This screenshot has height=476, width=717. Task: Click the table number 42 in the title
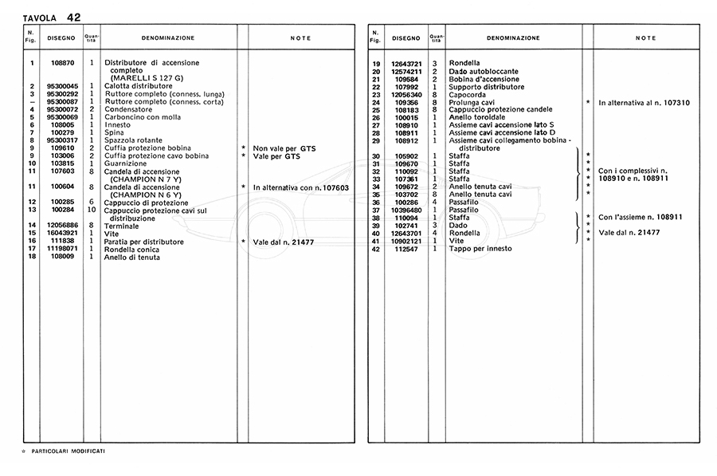coord(73,16)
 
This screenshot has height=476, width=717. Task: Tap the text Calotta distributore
coord(139,86)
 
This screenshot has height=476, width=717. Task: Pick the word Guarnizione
coord(127,163)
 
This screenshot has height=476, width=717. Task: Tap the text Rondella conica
coord(132,249)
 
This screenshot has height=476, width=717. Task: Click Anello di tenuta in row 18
coord(131,257)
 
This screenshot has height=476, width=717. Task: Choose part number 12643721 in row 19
coord(406,63)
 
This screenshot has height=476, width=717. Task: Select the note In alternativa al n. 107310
coord(644,102)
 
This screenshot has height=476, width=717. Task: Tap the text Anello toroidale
coord(480,117)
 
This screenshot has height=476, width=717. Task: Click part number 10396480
coord(406,210)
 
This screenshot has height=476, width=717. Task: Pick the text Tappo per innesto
coord(481,249)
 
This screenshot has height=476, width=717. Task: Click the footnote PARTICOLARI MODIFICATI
coord(68,451)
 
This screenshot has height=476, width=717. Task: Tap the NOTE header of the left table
coord(300,38)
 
